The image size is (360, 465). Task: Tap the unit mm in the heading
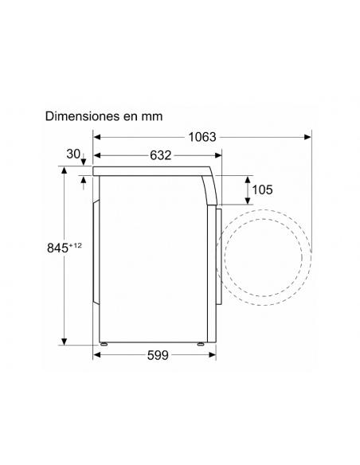151,116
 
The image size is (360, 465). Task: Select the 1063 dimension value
203,137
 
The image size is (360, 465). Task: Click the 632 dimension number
161,155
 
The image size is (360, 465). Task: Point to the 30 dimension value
74,154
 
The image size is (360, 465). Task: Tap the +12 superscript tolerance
76,244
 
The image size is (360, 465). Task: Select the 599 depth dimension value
158,356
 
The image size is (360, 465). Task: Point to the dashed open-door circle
266,257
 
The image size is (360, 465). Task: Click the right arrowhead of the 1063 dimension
307,137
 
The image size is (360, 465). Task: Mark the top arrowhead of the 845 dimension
63,170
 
